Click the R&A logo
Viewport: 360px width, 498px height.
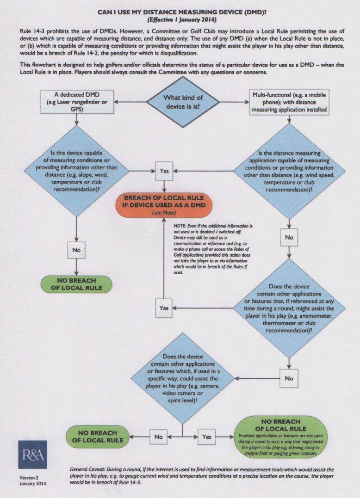(x=32, y=455)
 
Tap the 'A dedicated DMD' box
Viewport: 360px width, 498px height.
(x=76, y=102)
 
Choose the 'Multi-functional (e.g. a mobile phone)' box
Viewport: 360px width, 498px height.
(x=289, y=102)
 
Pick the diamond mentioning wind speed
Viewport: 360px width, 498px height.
(x=289, y=171)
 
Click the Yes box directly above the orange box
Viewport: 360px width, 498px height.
(x=164, y=171)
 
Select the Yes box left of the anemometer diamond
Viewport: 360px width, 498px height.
(x=164, y=307)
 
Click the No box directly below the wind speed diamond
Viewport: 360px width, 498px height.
(x=289, y=237)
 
